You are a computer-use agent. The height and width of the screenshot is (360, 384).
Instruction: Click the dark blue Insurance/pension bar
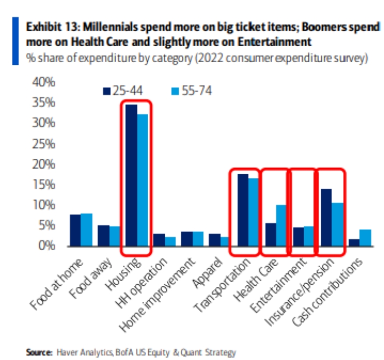pyautogui.click(x=326, y=217)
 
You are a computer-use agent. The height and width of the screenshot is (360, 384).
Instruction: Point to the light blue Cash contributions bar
pyautogui.click(x=365, y=238)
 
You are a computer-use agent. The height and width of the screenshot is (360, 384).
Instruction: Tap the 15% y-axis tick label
pyautogui.click(x=44, y=185)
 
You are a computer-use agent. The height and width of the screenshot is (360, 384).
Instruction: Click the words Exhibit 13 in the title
pyautogui.click(x=47, y=27)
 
